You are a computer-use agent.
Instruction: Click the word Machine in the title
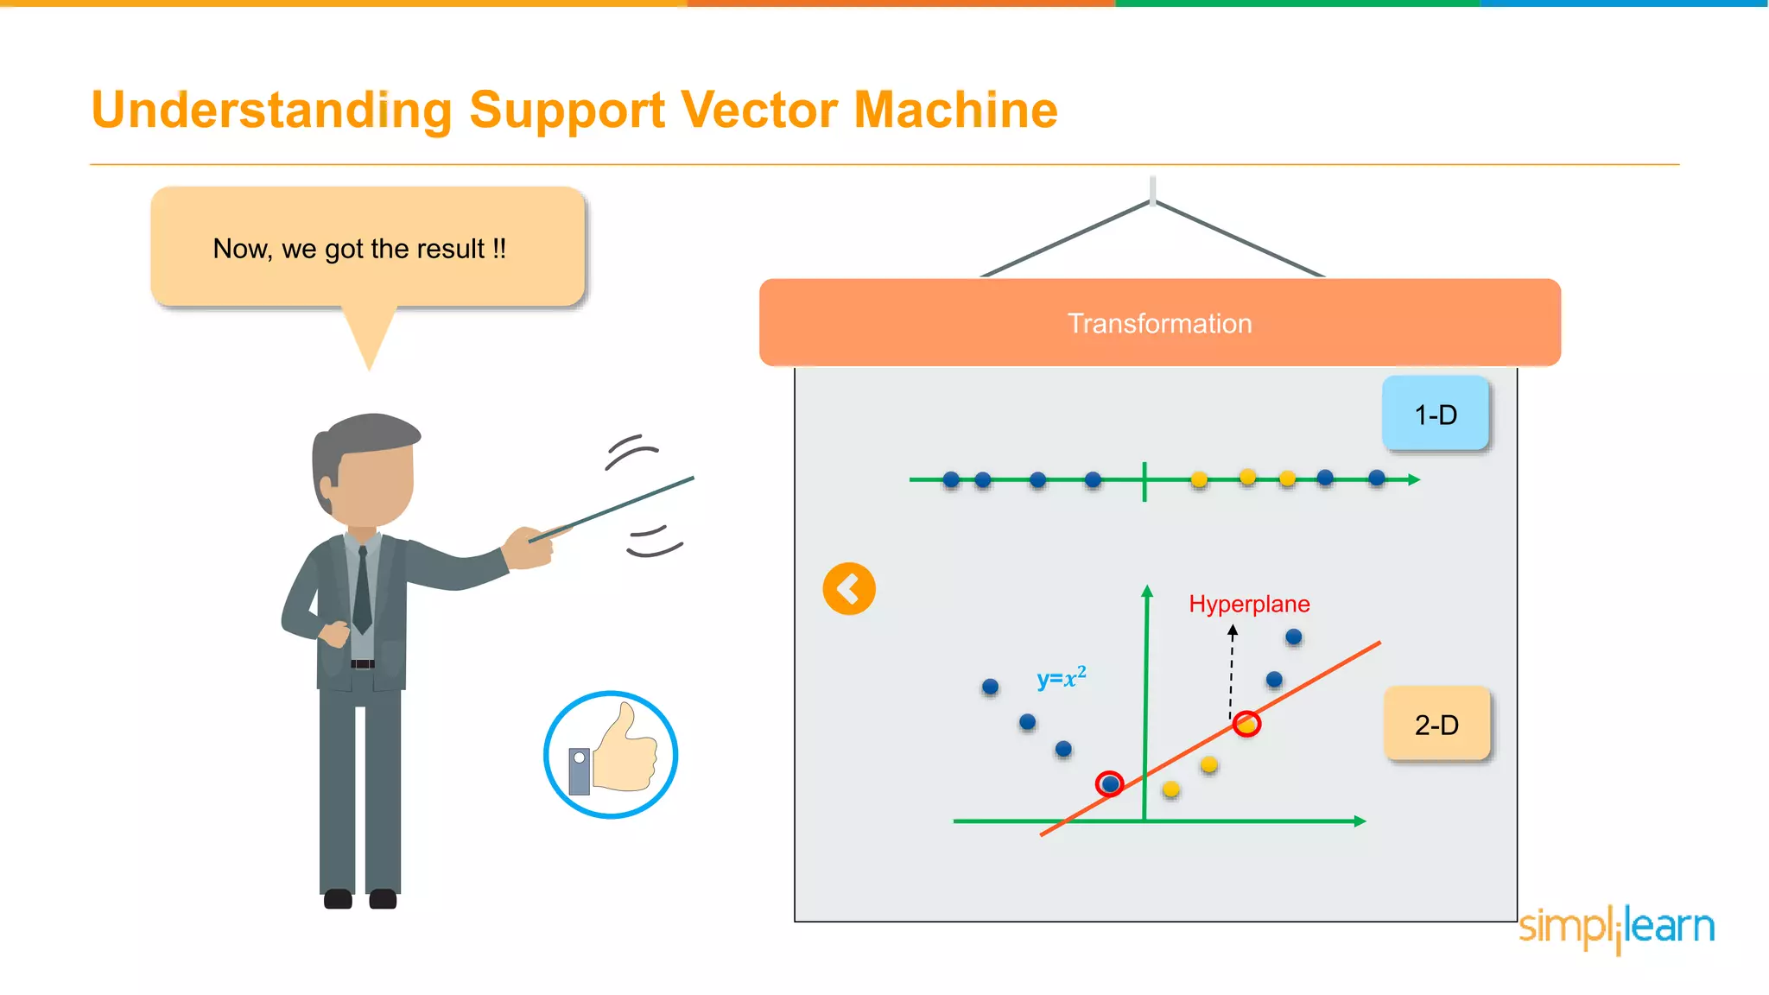pyautogui.click(x=955, y=111)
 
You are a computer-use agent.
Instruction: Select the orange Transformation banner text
pyautogui.click(x=1159, y=323)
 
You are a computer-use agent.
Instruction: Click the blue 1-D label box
pyautogui.click(x=1435, y=415)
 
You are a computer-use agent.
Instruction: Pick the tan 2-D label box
pyautogui.click(x=1436, y=724)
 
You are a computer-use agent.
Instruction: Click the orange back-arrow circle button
pyautogui.click(x=849, y=589)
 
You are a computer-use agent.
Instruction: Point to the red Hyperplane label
pyautogui.click(x=1249, y=604)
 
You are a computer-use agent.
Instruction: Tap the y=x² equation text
pyautogui.click(x=1061, y=678)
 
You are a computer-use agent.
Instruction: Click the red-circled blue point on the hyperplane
pyautogui.click(x=1110, y=784)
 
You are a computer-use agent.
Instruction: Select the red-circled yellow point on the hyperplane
pyautogui.click(x=1246, y=724)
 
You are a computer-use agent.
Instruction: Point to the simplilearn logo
pyautogui.click(x=1616, y=928)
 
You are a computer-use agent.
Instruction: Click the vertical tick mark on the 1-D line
pyautogui.click(x=1144, y=481)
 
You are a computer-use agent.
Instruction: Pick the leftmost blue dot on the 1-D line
pyautogui.click(x=951, y=479)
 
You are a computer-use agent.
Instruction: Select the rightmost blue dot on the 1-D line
pyautogui.click(x=1377, y=478)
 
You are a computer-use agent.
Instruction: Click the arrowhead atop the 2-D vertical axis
pyautogui.click(x=1147, y=591)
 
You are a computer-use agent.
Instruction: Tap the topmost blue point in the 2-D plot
pyautogui.click(x=1293, y=637)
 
